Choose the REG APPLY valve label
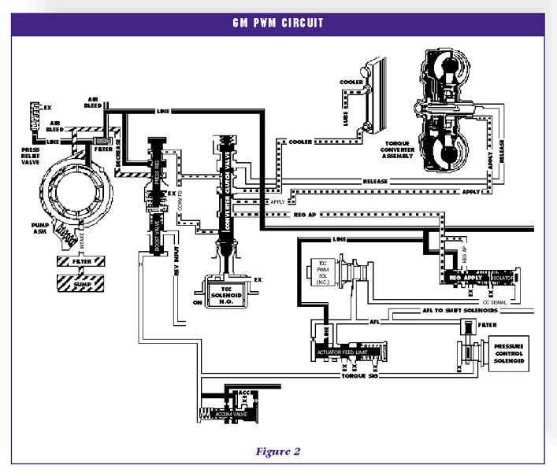coord(465,278)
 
